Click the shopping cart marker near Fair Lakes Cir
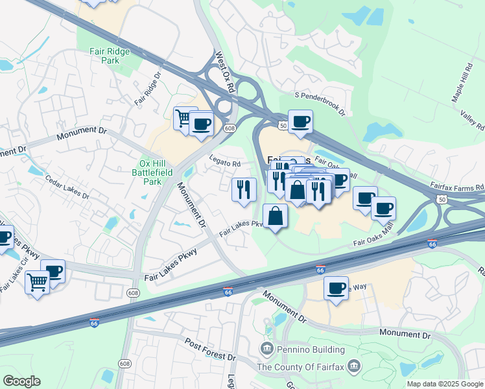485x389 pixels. (37, 282)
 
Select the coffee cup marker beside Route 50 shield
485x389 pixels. (300, 121)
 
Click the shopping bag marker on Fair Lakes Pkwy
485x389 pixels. (276, 216)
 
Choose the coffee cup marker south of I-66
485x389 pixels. (336, 289)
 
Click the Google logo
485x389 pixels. (21, 381)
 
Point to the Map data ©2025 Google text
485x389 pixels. (445, 384)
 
